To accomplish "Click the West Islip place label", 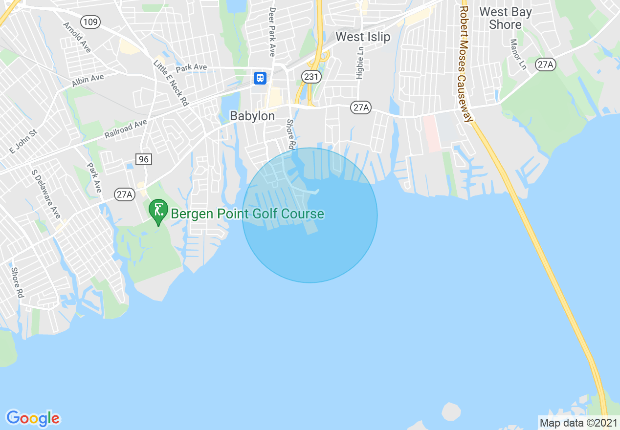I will point(363,37).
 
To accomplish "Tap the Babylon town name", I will point(252,116).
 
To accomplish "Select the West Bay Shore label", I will point(505,18).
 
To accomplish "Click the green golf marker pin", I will point(158,211).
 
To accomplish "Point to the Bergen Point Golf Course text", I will point(247,214).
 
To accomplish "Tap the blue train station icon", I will point(260,77).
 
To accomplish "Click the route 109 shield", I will point(91,21).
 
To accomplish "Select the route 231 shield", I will point(311,76).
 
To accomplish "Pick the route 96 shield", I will point(143,159).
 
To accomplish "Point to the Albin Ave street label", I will point(88,81).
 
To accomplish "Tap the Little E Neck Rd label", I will point(171,84).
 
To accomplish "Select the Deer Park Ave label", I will point(272,31).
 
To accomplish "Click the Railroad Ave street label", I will point(126,129).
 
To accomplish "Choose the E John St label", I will point(23,141).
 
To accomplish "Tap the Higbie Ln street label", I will point(360,63).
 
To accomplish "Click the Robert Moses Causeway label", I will point(466,64).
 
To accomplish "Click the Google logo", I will point(33,418).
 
